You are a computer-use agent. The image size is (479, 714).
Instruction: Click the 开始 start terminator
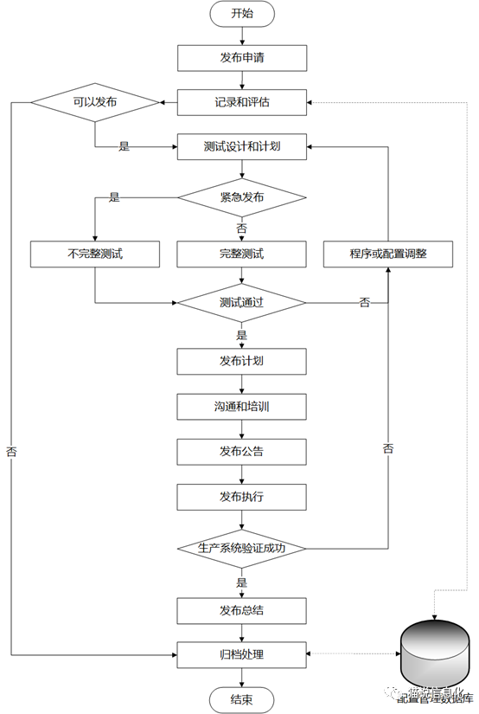coord(242,14)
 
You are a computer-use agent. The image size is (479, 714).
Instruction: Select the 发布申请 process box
coord(242,58)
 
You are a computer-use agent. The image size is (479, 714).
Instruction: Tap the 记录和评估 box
coord(242,102)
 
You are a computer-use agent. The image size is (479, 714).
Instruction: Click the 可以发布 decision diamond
coord(95,102)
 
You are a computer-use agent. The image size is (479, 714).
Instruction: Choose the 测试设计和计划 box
coord(242,147)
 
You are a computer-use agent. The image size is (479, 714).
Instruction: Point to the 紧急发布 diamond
coord(242,197)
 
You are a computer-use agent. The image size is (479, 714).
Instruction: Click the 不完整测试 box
coord(95,254)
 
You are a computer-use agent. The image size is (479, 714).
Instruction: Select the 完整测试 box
coord(242,254)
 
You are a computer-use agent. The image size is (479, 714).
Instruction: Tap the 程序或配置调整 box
coord(388,254)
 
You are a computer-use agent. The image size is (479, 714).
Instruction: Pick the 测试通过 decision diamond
coord(242,303)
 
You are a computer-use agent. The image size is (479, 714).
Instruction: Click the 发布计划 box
coord(242,360)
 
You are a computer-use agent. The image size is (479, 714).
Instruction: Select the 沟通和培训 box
coord(242,405)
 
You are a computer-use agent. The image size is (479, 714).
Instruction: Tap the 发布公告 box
coord(242,451)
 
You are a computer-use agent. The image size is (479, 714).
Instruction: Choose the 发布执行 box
coord(242,497)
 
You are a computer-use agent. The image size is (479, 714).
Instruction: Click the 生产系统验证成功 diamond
coord(242,548)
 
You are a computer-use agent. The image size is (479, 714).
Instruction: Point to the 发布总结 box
coord(242,610)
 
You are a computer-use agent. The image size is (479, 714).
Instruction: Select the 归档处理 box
coord(242,654)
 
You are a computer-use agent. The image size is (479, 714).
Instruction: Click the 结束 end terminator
coord(242,699)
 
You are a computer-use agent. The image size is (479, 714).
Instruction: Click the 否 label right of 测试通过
coord(365,302)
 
